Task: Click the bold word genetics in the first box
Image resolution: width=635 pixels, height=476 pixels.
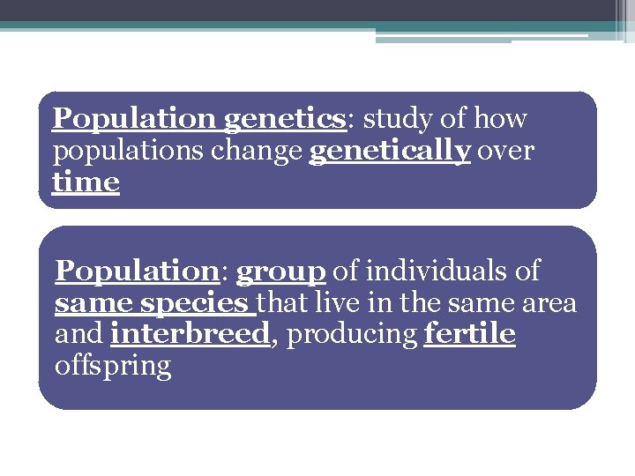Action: [x=283, y=119]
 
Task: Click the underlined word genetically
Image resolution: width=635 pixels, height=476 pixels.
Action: [x=390, y=152]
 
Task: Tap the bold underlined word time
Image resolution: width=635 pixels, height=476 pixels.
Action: [x=86, y=182]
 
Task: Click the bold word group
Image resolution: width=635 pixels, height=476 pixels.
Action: [x=281, y=272]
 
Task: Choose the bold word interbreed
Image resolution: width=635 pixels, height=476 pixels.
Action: [x=190, y=335]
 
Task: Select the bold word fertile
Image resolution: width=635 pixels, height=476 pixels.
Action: [x=469, y=335]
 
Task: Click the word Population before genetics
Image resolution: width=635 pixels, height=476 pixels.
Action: [x=133, y=118]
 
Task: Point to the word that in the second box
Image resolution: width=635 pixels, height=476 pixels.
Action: [x=280, y=303]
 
